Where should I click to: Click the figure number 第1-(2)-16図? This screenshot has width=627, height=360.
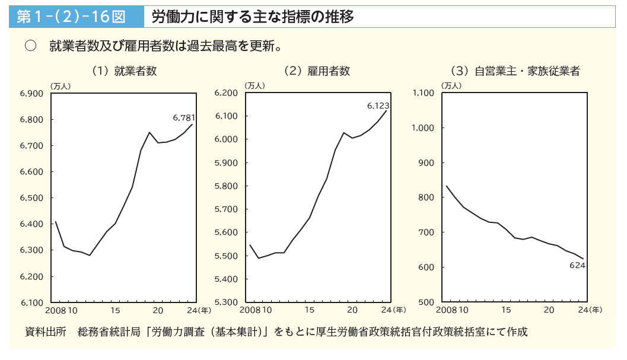click(x=71, y=17)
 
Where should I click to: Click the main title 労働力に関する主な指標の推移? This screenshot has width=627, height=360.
click(x=253, y=17)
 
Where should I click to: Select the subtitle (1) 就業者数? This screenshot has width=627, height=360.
click(x=124, y=71)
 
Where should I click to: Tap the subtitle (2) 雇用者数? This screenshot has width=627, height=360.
click(x=317, y=71)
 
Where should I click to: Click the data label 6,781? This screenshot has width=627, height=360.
click(x=184, y=117)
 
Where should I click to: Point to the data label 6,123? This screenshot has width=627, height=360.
click(x=378, y=106)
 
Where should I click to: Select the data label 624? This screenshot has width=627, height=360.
click(x=577, y=265)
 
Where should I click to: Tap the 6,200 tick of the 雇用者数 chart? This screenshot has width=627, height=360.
click(x=225, y=93)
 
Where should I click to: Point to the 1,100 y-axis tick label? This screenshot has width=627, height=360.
click(x=422, y=93)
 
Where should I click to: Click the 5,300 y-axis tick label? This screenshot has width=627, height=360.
click(x=225, y=302)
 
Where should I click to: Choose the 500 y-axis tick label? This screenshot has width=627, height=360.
click(x=427, y=302)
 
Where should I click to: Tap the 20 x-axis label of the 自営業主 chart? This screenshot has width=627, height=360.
click(x=549, y=310)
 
